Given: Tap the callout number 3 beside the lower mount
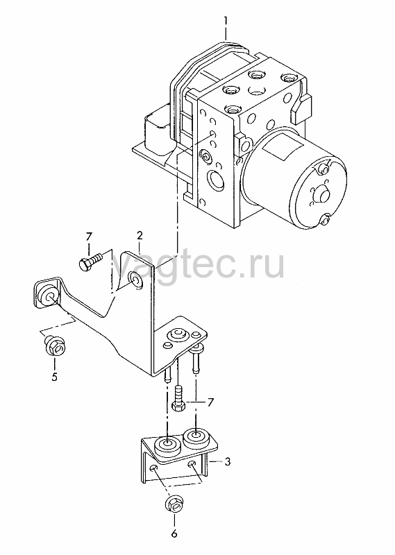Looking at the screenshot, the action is [x=228, y=461].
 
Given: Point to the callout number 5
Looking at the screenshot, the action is [x=54, y=377].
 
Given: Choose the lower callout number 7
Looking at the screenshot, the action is [x=210, y=402].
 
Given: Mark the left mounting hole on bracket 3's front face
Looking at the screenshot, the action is [x=153, y=470].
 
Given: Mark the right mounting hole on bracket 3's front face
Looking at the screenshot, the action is [x=192, y=464].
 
